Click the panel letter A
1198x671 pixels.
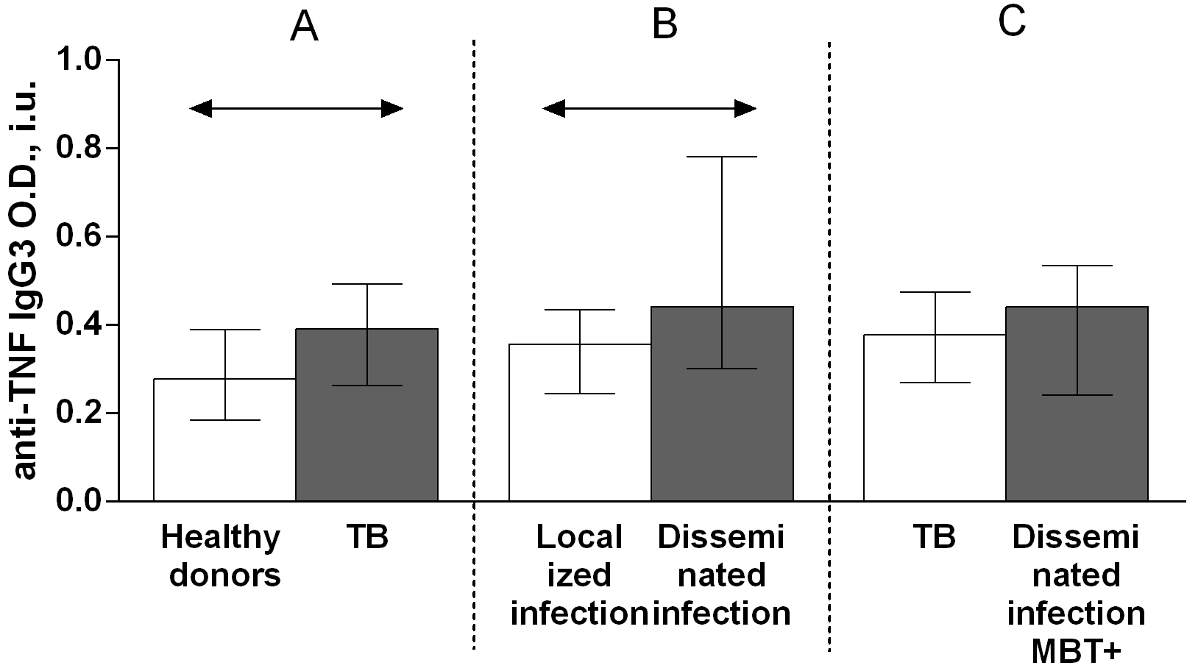tap(304, 28)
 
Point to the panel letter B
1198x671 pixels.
tap(664, 25)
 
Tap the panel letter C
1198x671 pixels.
tap(1012, 22)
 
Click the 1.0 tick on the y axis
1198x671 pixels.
tap(80, 60)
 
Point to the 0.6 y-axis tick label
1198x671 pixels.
tap(80, 237)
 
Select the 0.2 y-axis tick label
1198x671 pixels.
tap(80, 413)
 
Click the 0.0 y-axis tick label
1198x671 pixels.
tap(80, 501)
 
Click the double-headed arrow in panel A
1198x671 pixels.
tap(297, 110)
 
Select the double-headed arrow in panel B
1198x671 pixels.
tap(649, 110)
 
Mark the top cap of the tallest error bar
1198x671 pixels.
tap(722, 157)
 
